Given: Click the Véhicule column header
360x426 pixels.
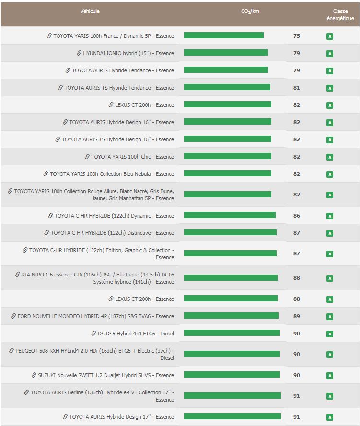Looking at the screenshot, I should tap(90, 11).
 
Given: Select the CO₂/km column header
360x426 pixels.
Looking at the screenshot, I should tap(250, 11).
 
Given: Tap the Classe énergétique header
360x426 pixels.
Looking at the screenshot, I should tap(340, 15).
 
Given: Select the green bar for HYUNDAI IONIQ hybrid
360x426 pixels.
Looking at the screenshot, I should tap(226, 53).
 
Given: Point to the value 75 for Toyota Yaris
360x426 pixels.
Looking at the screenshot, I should tap(296, 36).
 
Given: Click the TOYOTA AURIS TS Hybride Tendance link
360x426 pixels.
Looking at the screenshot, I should tap(119, 88).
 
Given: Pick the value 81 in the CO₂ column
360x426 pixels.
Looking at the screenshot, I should tap(296, 88).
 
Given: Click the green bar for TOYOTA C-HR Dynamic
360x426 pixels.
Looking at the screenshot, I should tap(230, 215).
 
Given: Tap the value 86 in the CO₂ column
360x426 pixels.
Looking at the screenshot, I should tap(296, 216).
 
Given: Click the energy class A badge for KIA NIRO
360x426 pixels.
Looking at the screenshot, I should tap(329, 278).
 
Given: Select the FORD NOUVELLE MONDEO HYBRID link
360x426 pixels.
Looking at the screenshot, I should tap(95, 316).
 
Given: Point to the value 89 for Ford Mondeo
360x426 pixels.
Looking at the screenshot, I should tap(296, 316).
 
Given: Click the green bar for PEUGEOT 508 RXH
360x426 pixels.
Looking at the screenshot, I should tap(232, 354).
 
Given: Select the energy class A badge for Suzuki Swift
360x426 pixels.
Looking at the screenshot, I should tap(329, 376).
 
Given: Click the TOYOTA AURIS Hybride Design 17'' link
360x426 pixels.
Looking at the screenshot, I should tap(121, 417).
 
